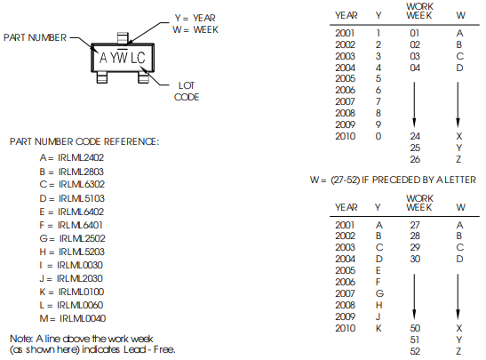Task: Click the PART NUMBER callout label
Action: [x=35, y=37]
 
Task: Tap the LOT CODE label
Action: [x=187, y=92]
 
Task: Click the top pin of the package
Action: [x=123, y=38]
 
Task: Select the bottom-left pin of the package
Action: [x=102, y=77]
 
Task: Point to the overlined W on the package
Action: [x=123, y=57]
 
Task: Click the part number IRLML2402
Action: [x=81, y=157]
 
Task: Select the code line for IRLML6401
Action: [x=71, y=225]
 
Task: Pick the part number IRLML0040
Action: [x=83, y=318]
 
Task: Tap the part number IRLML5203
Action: [x=82, y=252]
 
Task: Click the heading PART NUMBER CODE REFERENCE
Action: [x=84, y=141]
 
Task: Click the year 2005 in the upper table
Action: [x=345, y=78]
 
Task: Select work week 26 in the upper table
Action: [x=415, y=159]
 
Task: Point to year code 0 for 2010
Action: [x=378, y=136]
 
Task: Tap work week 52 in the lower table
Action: [x=415, y=351]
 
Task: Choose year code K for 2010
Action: [x=378, y=328]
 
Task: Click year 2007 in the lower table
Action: [x=345, y=293]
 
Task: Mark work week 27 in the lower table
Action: [x=415, y=225]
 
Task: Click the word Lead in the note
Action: [x=134, y=349]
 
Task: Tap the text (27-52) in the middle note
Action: [x=345, y=180]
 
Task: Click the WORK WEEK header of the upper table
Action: [x=419, y=11]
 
